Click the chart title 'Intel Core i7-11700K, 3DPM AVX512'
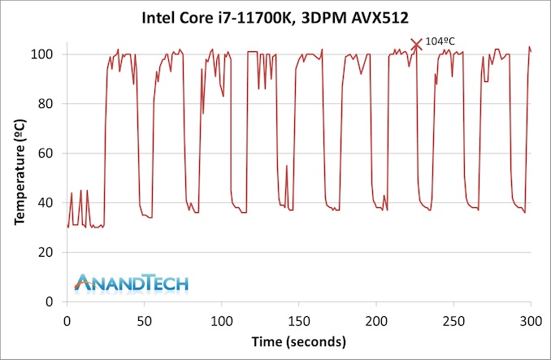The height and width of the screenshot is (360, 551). (x=275, y=16)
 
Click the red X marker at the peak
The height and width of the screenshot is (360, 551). (x=417, y=45)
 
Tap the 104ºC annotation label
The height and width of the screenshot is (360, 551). (x=442, y=41)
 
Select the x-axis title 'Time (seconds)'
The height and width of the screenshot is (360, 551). (x=298, y=340)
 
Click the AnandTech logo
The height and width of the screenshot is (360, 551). (x=131, y=282)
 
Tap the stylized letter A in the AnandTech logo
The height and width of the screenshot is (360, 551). (x=83, y=282)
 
